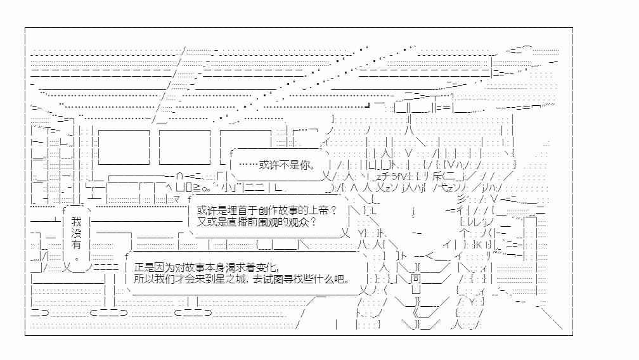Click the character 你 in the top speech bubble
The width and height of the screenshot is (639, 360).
click(x=306, y=165)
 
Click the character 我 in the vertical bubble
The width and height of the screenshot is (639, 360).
click(x=76, y=222)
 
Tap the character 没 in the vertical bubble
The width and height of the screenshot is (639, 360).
click(x=76, y=233)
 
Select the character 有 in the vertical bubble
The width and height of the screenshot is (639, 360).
click(x=76, y=245)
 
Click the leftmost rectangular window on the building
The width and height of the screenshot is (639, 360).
click(x=124, y=147)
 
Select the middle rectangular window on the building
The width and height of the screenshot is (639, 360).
click(x=184, y=147)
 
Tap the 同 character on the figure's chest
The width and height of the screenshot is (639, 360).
click(x=415, y=278)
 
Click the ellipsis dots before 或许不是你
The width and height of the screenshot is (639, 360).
click(x=248, y=165)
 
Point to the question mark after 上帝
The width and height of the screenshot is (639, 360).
click(x=333, y=210)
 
